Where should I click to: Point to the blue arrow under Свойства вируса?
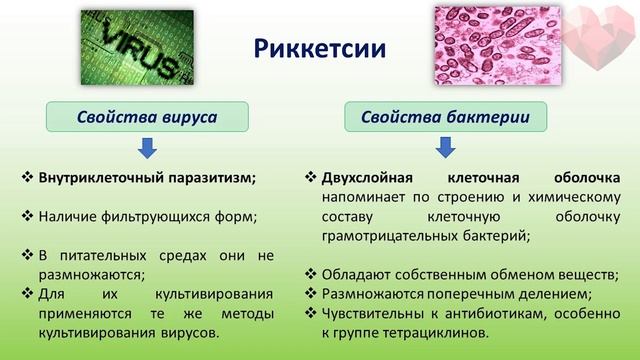pos(147,149)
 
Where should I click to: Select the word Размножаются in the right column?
pos(371,293)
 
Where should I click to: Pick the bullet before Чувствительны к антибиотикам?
pos(311,312)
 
